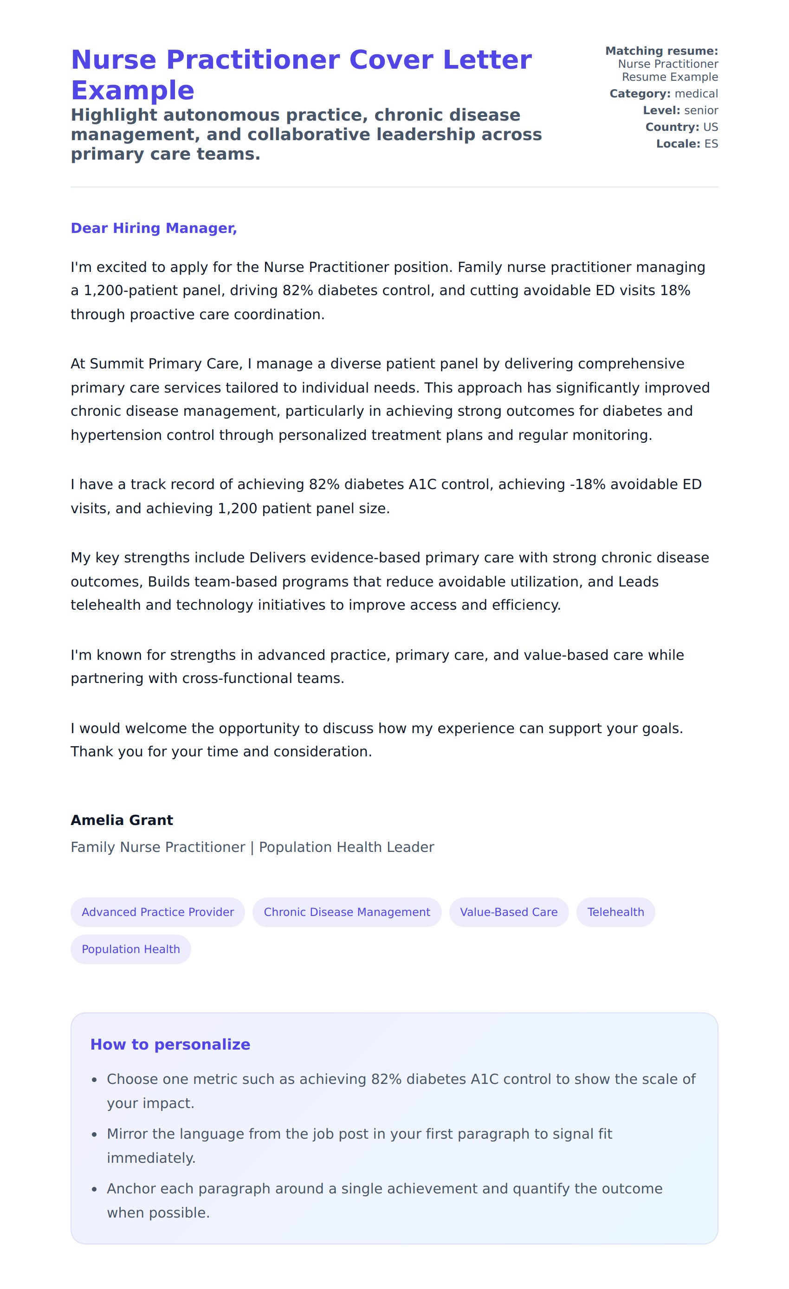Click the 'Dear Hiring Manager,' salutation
[x=154, y=228]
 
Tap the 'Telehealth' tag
[x=615, y=912]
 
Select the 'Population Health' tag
[x=131, y=949]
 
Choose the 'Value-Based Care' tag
[x=509, y=912]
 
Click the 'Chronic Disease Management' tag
[x=347, y=912]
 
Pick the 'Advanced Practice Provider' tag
[x=157, y=912]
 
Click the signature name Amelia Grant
[x=122, y=820]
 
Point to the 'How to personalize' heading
[x=170, y=1044]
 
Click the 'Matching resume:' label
[x=661, y=51]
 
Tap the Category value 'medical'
[x=696, y=94]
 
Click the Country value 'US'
[x=711, y=127]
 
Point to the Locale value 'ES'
[x=711, y=144]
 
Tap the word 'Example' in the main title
[x=133, y=90]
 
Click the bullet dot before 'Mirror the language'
[x=94, y=1134]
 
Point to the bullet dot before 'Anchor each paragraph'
[x=94, y=1189]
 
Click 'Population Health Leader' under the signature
[x=346, y=847]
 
